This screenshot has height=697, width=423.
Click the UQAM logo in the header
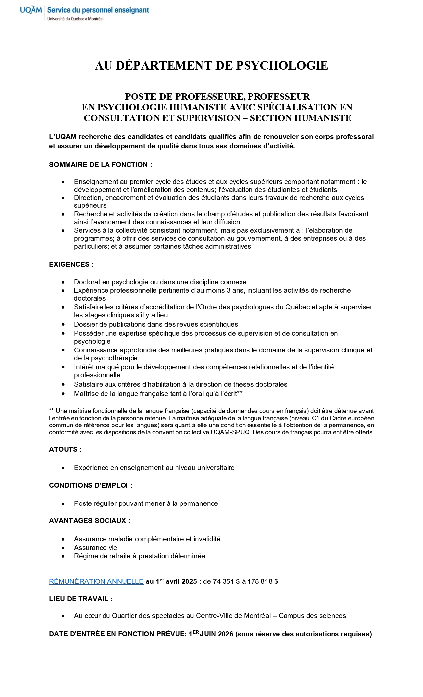tap(31, 10)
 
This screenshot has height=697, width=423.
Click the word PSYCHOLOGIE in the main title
tap(282, 66)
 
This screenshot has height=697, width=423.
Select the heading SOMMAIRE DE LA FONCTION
tap(101, 165)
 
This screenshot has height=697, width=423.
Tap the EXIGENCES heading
tap(71, 264)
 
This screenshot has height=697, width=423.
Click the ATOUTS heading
tap(63, 449)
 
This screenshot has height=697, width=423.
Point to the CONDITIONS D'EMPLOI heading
tap(91, 485)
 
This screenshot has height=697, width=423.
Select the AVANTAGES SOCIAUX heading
tap(90, 521)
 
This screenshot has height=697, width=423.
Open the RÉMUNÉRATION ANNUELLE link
tap(96, 581)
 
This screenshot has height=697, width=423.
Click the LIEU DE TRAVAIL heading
tap(81, 599)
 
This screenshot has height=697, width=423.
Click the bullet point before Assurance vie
tap(63, 548)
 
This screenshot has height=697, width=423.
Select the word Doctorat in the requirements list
tap(87, 282)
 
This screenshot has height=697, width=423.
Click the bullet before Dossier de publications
tap(63, 324)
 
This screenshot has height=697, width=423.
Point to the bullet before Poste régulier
tap(63, 503)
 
